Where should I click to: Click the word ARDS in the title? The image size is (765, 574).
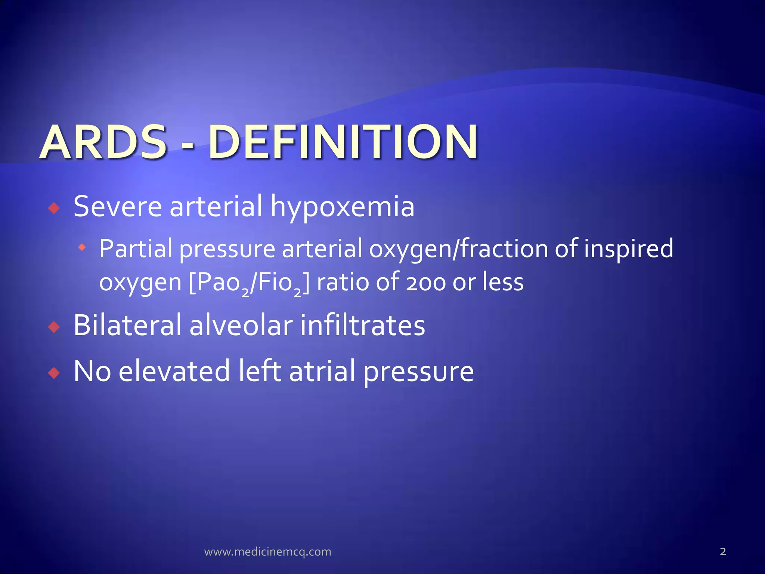(103, 142)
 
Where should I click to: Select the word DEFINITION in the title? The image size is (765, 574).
(343, 142)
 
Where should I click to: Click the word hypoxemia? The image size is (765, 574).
(342, 207)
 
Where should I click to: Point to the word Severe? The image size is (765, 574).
(118, 207)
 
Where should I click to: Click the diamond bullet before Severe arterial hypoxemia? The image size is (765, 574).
(55, 208)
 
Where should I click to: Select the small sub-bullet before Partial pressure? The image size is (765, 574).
(82, 247)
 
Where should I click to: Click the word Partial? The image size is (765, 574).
(136, 249)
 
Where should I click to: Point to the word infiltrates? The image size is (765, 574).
(362, 325)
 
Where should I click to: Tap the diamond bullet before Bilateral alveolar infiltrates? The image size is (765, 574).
(55, 327)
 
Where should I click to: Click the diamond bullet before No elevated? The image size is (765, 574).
(55, 373)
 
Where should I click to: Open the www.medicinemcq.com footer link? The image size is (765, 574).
(267, 552)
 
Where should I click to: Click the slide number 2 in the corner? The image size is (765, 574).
(723, 551)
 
